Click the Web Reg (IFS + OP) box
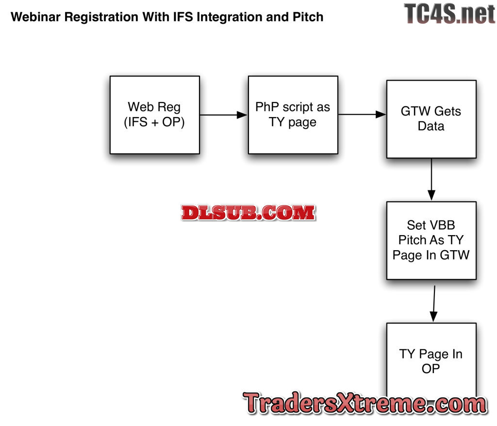click(154, 115)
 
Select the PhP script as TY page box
click(293, 115)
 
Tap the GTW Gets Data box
click(431, 119)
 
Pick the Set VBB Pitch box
click(431, 240)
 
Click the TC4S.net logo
click(449, 14)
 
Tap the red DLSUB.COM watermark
click(248, 213)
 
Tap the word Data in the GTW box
click(431, 126)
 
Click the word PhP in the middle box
click(266, 107)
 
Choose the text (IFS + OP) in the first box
click(154, 123)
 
